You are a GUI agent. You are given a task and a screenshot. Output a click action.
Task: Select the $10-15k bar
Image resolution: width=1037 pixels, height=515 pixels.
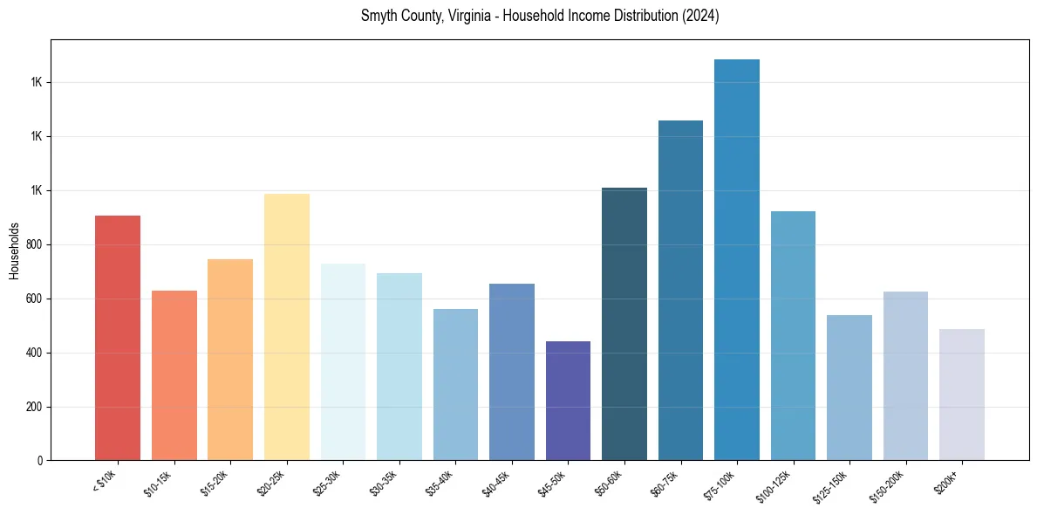[174, 375]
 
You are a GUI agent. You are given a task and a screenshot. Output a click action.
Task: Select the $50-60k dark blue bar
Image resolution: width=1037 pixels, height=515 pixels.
[624, 324]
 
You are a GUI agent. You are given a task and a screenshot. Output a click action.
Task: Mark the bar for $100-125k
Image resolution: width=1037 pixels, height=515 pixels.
[793, 336]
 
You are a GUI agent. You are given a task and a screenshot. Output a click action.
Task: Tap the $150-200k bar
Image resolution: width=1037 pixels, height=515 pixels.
[905, 376]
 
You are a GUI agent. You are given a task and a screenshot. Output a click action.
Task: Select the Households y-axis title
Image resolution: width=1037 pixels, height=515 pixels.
[14, 251]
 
